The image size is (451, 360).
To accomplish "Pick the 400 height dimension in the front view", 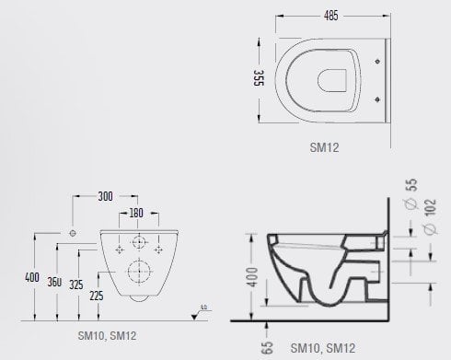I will point(32,276).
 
